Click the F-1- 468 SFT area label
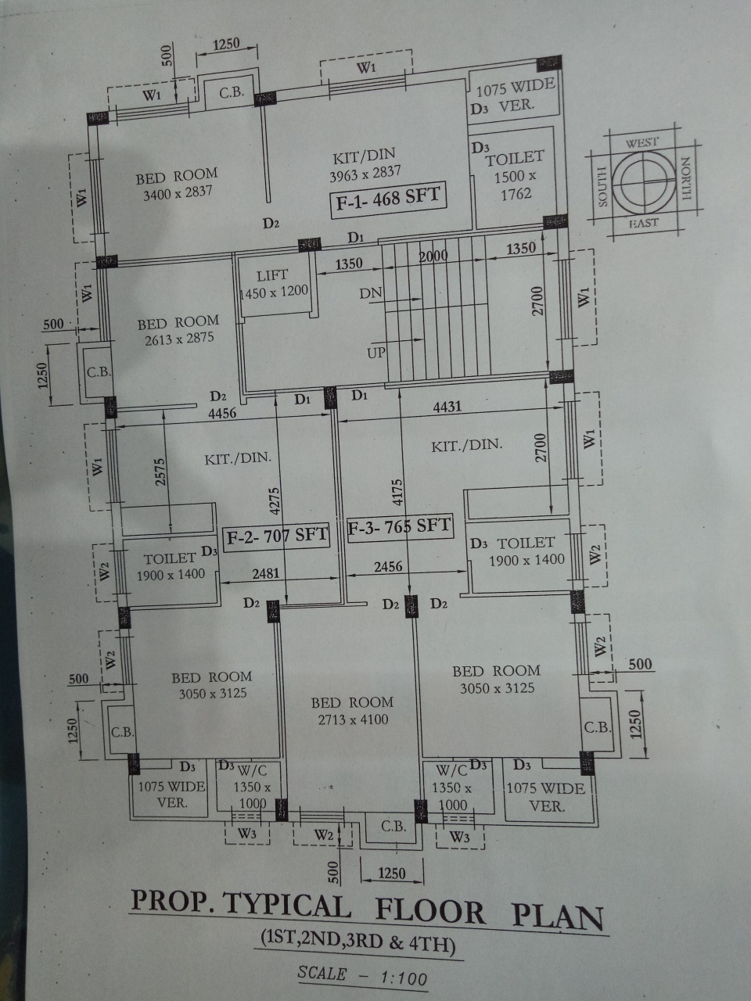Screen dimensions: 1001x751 [388, 199]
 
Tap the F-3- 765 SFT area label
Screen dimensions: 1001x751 [399, 526]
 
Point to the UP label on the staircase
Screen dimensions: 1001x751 [376, 353]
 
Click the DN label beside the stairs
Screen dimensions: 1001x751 [371, 293]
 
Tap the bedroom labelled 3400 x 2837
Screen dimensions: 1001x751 [177, 183]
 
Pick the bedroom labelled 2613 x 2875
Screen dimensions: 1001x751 [178, 330]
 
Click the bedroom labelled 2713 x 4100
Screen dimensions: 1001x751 [351, 711]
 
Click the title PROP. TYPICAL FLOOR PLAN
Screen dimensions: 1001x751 [367, 912]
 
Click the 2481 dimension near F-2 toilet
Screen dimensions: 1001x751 [265, 574]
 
